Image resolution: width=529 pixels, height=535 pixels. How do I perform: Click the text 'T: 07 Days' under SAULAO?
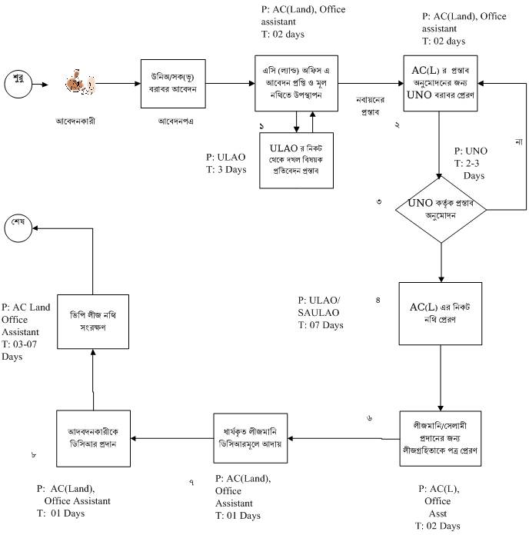point(320,326)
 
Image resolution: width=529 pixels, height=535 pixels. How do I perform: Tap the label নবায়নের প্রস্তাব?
point(370,106)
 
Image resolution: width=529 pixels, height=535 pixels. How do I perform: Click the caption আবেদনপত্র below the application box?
point(176,121)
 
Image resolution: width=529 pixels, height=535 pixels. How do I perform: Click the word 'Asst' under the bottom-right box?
point(438,513)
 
